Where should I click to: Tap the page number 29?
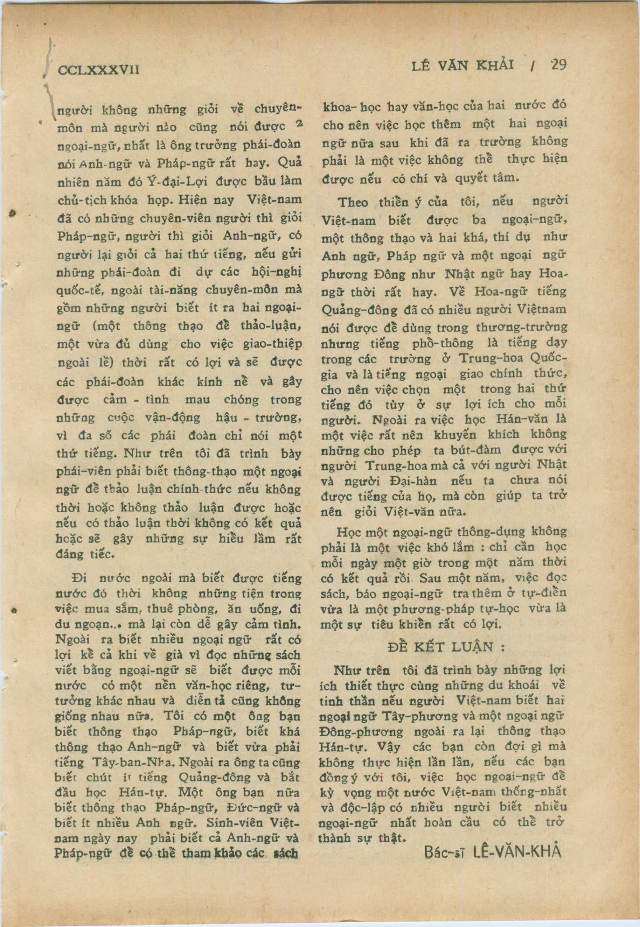point(558,65)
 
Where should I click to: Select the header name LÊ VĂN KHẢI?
point(463,66)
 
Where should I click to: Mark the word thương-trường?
point(521,328)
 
